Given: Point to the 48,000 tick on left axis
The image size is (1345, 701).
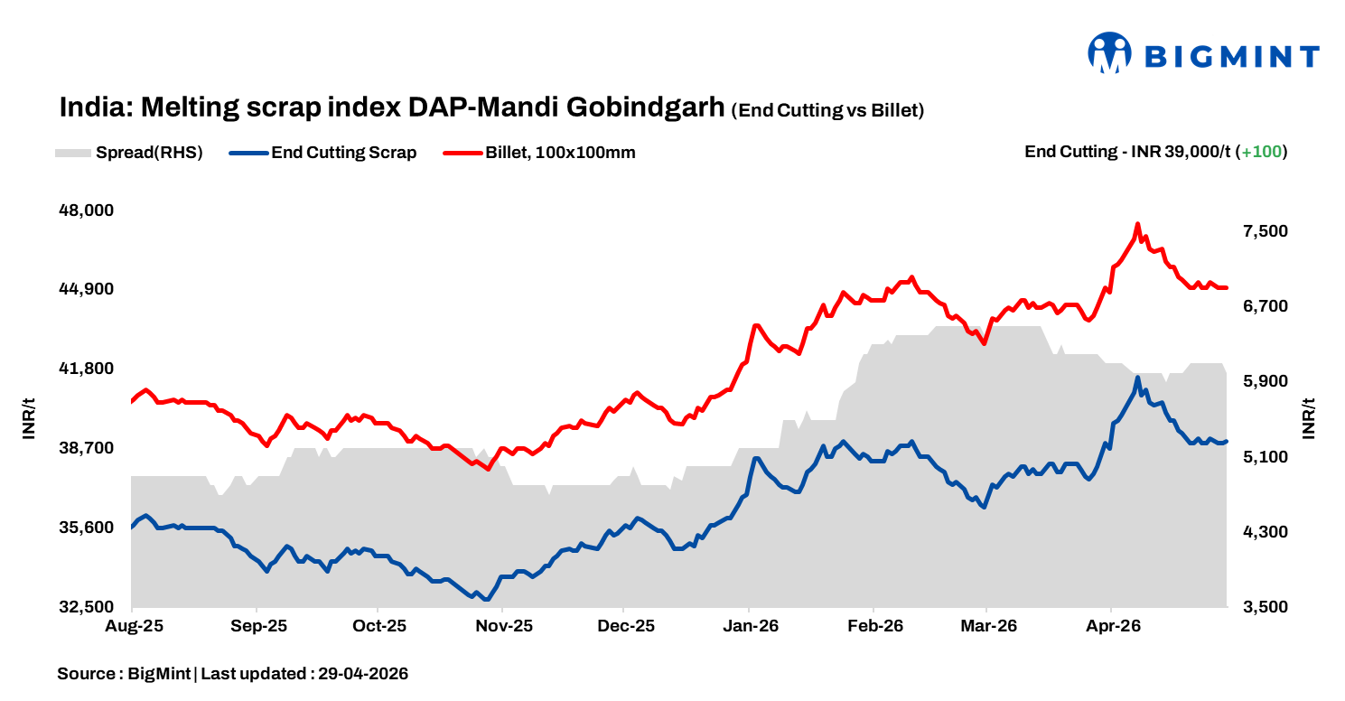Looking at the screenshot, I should [87, 210].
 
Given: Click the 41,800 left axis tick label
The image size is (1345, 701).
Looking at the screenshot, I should [87, 369].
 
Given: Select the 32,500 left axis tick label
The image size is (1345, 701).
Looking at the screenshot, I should [87, 607].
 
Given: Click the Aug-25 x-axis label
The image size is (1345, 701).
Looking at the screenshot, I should [133, 625].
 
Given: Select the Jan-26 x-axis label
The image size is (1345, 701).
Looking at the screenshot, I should [750, 625].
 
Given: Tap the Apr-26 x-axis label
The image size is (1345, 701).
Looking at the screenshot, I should [1110, 625].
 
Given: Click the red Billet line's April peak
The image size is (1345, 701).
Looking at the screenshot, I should [1137, 224].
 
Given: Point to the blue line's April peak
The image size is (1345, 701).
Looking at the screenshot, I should [1137, 378].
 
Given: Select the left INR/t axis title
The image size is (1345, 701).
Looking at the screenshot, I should [29, 418].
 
